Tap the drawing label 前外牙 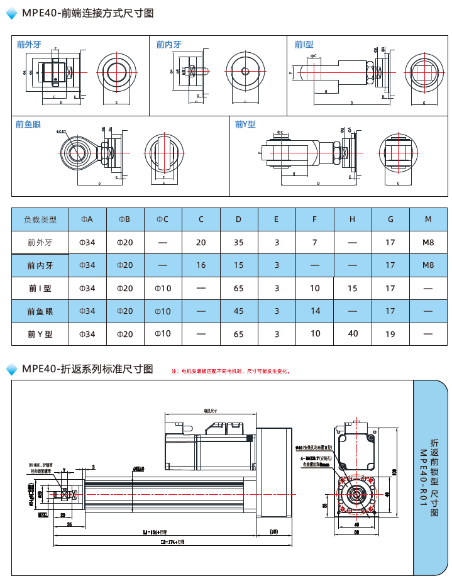[x=29, y=45]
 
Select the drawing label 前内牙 [x=168, y=45]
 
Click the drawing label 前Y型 [x=245, y=124]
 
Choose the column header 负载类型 [x=40, y=219]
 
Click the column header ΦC [x=163, y=219]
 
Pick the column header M [x=428, y=219]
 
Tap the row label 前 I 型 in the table [x=40, y=289]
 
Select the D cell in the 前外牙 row [x=238, y=242]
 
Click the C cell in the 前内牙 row [x=201, y=265]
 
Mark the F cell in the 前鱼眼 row [x=315, y=311]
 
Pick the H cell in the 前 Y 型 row [x=353, y=334]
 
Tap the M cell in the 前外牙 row [x=428, y=242]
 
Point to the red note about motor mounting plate [x=232, y=372]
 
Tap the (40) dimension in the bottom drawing [x=273, y=532]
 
